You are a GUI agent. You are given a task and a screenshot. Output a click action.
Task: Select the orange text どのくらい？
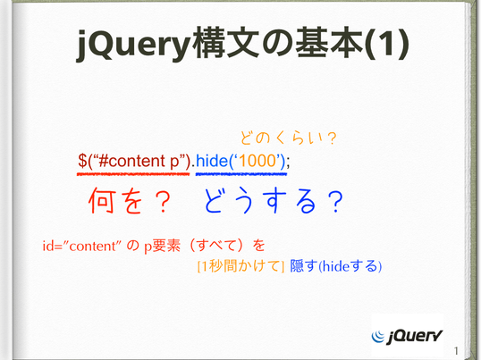tap(288, 138)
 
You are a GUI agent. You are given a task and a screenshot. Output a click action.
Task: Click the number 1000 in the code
tap(257, 161)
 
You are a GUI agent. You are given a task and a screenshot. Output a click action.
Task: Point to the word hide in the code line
tap(211, 161)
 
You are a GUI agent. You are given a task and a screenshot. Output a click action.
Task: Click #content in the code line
tap(132, 161)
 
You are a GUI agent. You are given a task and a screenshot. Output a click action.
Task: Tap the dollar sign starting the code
tap(82, 161)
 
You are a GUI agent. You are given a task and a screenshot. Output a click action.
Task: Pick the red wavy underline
tap(133, 174)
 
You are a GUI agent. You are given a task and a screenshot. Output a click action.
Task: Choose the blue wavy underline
tap(241, 174)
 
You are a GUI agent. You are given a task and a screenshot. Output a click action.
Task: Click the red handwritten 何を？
tap(130, 201)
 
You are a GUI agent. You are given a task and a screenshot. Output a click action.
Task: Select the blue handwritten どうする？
tap(274, 201)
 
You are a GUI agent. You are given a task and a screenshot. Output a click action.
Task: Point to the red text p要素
tap(163, 246)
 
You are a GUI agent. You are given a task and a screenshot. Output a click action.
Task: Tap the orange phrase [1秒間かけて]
tap(240, 266)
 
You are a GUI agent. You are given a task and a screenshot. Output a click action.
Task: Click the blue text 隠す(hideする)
tap(336, 266)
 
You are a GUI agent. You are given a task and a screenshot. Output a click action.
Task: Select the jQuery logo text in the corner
tap(415, 337)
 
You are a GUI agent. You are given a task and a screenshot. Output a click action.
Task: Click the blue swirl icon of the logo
tap(377, 336)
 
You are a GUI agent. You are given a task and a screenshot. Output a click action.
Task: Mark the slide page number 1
tap(456, 350)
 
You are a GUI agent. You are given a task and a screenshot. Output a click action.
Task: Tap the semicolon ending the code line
tap(287, 162)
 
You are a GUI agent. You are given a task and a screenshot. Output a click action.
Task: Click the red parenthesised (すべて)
tap(217, 246)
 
